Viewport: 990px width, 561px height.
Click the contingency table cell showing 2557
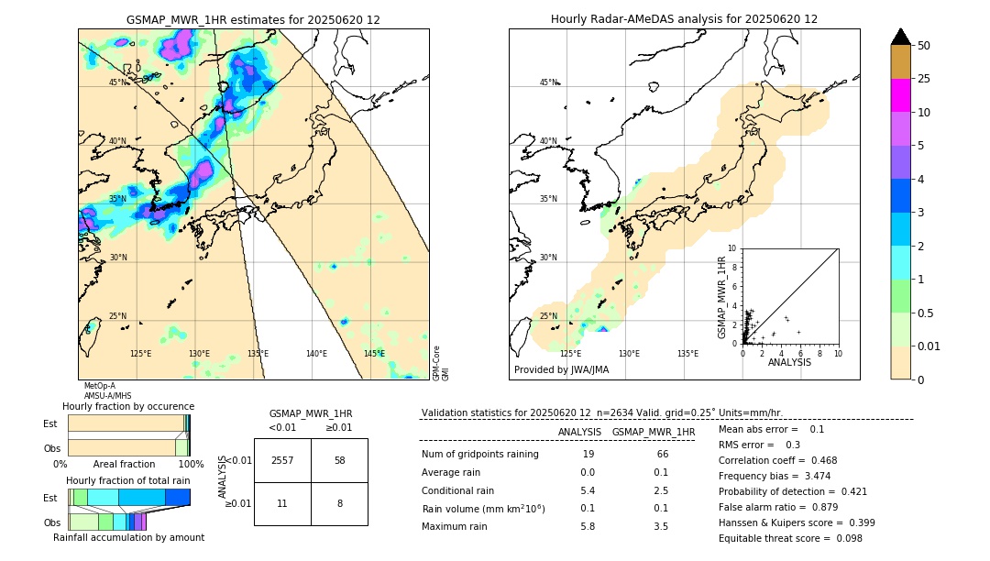pyautogui.click(x=282, y=460)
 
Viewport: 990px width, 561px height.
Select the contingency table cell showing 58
pyautogui.click(x=339, y=460)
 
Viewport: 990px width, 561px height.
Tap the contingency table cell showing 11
pyautogui.click(x=282, y=503)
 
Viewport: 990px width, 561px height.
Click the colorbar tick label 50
pyautogui.click(x=924, y=46)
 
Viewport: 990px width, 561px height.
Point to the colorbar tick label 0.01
pyautogui.click(x=929, y=346)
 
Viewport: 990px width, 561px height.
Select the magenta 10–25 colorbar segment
pyautogui.click(x=901, y=95)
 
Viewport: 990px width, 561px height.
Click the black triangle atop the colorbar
pyautogui.click(x=901, y=37)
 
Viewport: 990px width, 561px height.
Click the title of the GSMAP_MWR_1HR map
pyautogui.click(x=253, y=19)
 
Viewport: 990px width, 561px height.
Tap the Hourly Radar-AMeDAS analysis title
pyautogui.click(x=684, y=19)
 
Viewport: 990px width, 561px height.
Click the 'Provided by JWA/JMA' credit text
pyautogui.click(x=561, y=369)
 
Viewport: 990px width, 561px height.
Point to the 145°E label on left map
pyautogui.click(x=374, y=354)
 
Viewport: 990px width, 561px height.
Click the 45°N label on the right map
pyautogui.click(x=548, y=82)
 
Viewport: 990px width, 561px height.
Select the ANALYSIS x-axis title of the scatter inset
pyautogui.click(x=789, y=362)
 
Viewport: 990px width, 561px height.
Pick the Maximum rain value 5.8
pyautogui.click(x=588, y=526)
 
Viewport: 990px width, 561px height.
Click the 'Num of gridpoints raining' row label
pyautogui.click(x=479, y=455)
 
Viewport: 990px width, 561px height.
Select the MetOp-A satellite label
pyautogui.click(x=99, y=386)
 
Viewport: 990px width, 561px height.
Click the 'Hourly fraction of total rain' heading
pyautogui.click(x=127, y=480)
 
